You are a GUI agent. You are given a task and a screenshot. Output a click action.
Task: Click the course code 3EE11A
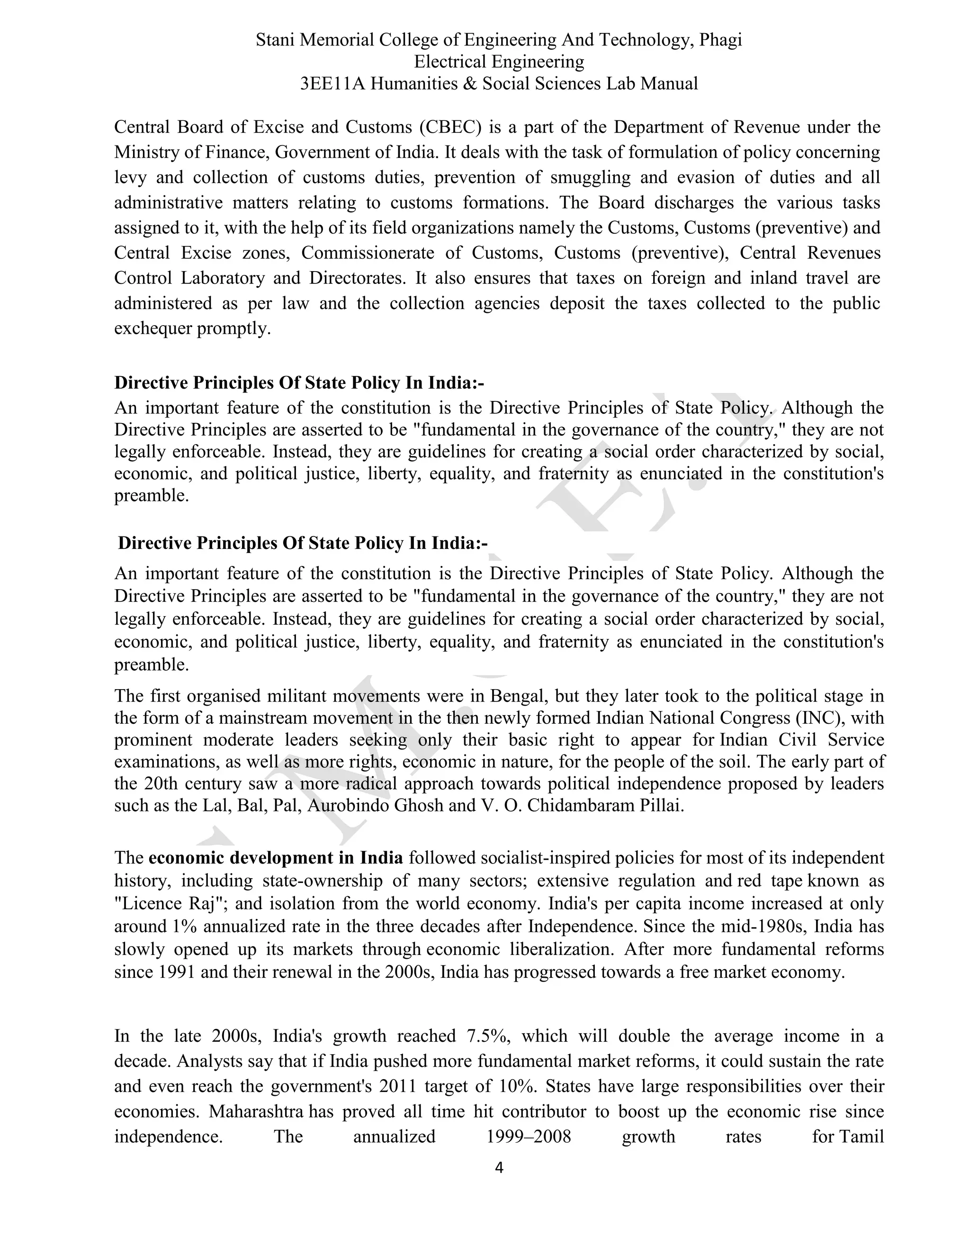(332, 83)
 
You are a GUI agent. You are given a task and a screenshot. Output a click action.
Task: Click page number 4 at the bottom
(499, 1167)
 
